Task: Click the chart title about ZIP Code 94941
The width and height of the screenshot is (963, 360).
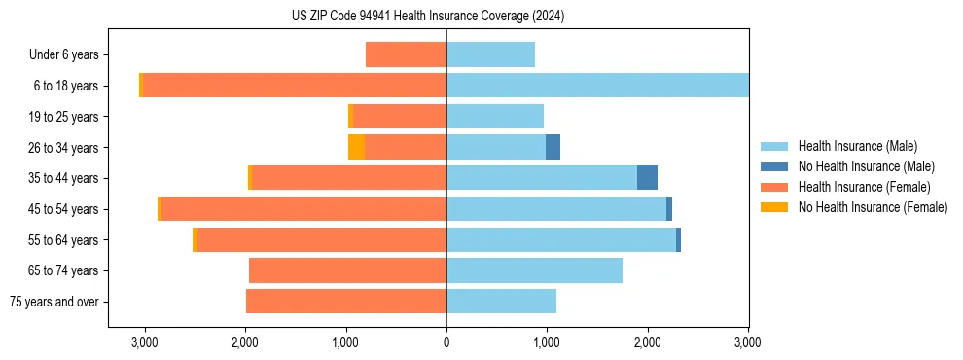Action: [x=427, y=17]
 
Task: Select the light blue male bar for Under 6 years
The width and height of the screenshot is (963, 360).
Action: [x=490, y=54]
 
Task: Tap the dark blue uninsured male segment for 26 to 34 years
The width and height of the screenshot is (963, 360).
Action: [x=553, y=147]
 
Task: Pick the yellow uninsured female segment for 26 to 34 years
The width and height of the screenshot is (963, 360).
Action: [x=356, y=147]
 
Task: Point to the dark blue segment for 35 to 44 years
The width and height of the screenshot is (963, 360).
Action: [x=647, y=178]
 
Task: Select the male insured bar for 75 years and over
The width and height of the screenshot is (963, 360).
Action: [x=501, y=302]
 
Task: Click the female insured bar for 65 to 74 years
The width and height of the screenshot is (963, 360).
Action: [x=347, y=270]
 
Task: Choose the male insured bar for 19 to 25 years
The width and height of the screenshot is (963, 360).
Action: [x=494, y=117]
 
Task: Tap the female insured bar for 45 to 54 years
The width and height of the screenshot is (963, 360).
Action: [x=303, y=209]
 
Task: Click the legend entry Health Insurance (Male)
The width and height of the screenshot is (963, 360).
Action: [x=857, y=146]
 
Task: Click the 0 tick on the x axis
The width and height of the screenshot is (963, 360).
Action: [x=446, y=342]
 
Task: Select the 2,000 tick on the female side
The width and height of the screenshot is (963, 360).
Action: [x=245, y=342]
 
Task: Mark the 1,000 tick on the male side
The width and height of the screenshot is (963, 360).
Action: [x=547, y=342]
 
